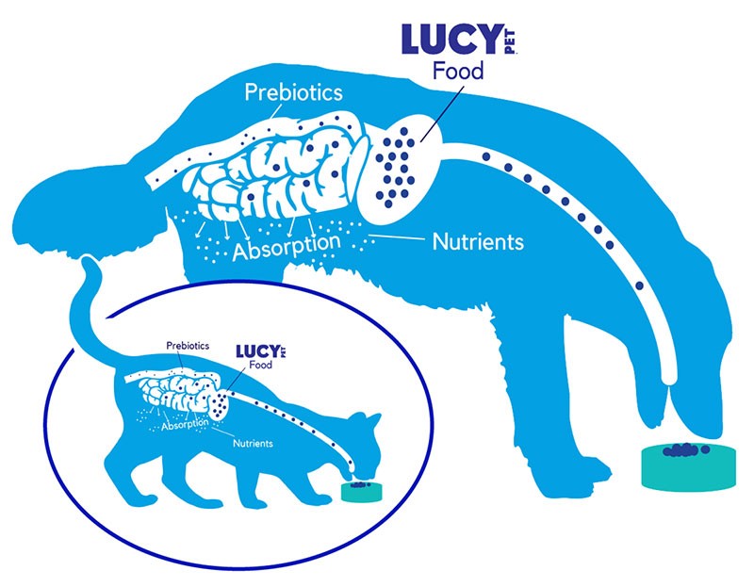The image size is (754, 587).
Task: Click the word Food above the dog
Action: pos(458,71)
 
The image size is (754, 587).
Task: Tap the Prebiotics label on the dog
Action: pos(293,91)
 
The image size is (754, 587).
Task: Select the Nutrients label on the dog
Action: pos(478,241)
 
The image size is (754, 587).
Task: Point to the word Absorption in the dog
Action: pos(287,247)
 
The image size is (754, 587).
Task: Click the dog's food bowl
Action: pos(689,466)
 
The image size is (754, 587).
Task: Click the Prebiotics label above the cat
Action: pos(188,346)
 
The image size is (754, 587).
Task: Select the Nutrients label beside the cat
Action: pos(253,443)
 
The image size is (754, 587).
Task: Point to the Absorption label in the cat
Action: pos(185,425)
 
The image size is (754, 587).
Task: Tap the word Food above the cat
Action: pos(261,365)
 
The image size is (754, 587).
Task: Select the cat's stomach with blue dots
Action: pos(220,404)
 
